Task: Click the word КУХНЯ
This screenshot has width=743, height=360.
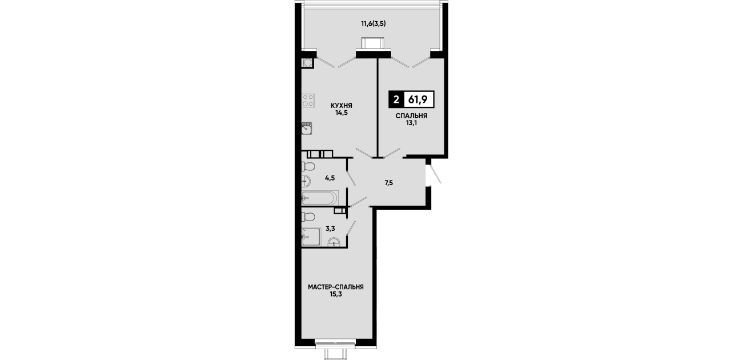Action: [x=341, y=106]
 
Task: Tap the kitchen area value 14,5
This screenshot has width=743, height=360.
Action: [x=341, y=113]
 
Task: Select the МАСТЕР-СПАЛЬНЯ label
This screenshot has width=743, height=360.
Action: [x=336, y=287]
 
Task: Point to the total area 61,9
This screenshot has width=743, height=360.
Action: [x=417, y=99]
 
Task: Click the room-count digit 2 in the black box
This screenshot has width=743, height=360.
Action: [x=396, y=99]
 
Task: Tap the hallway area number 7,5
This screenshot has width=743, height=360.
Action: [x=389, y=183]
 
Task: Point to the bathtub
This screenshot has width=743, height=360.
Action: [x=320, y=198]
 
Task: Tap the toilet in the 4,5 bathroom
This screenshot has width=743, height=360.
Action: [x=308, y=166]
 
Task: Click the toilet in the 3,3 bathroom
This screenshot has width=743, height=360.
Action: [x=308, y=217]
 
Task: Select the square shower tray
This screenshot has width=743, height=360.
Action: [x=311, y=237]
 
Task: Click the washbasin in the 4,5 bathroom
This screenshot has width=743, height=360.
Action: [x=306, y=181]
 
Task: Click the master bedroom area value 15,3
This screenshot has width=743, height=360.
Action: [x=336, y=294]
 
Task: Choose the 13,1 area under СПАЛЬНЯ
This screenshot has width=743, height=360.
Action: [x=411, y=123]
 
